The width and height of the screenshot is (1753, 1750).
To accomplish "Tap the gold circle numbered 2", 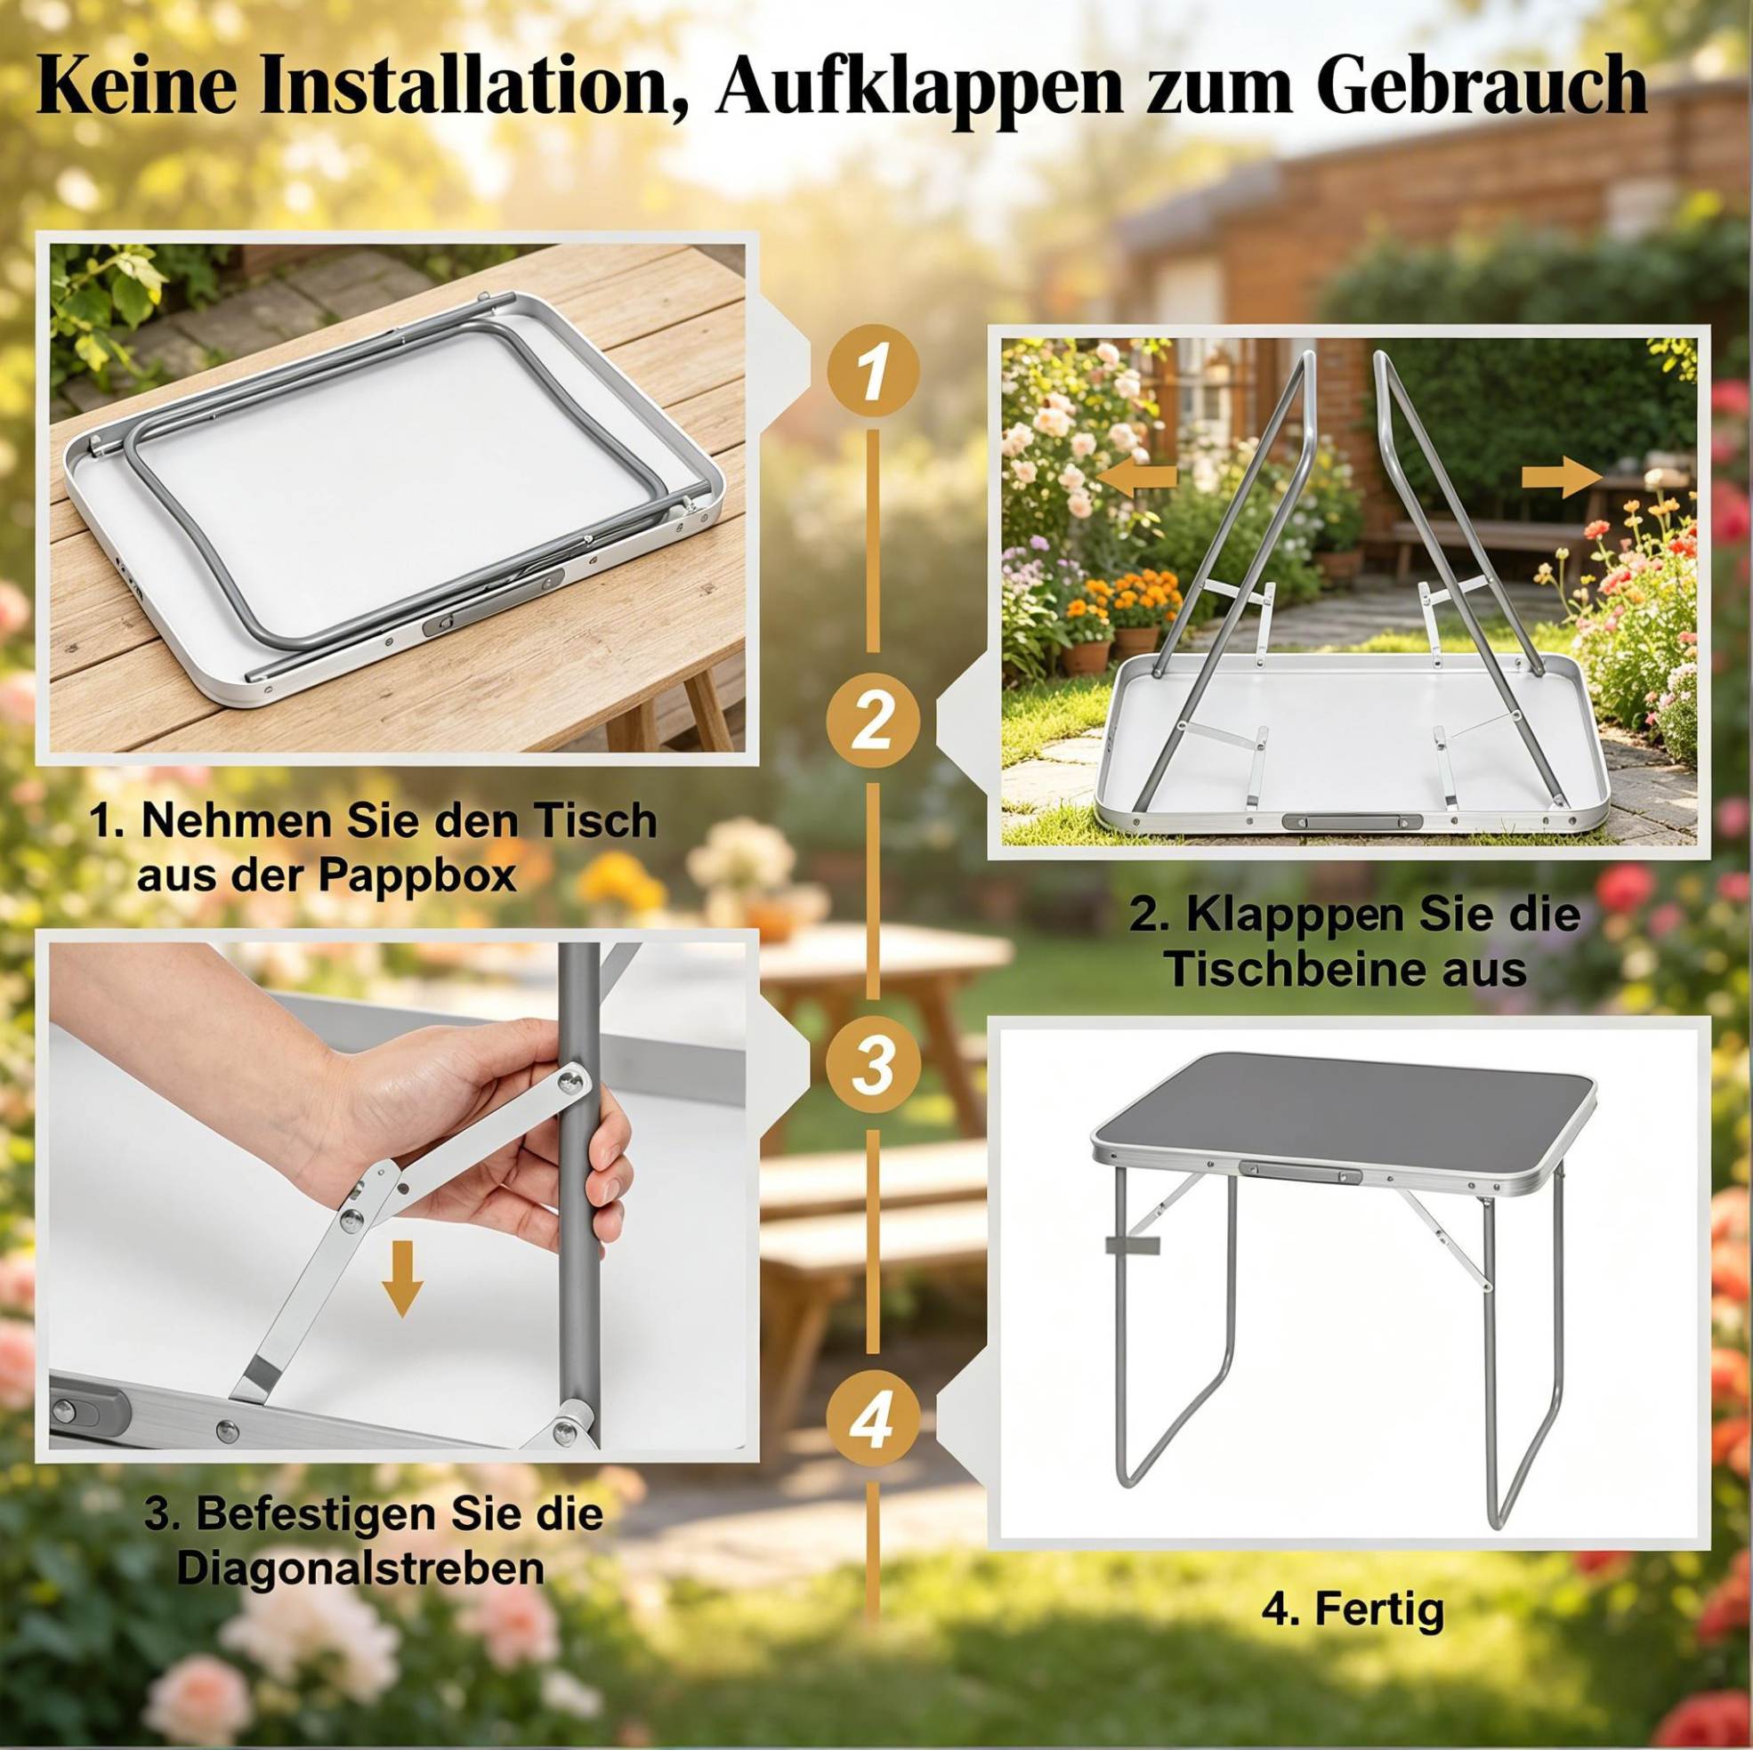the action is coord(871,722).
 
